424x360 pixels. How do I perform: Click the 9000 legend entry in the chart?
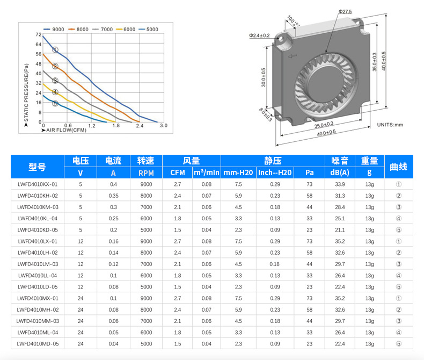54,29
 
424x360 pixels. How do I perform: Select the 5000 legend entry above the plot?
148,29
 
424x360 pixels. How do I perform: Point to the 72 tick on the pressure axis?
39,34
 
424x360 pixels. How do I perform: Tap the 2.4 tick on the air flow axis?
140,126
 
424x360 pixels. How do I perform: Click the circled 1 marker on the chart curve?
55,50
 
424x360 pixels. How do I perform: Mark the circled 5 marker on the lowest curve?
55,103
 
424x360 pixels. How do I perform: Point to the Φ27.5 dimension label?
345,12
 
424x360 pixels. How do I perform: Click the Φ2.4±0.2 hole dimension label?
259,35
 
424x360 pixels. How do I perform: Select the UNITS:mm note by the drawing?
390,125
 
